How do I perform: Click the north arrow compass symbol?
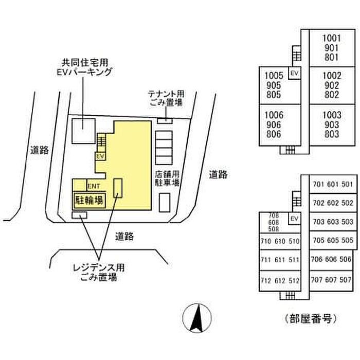tap(197, 318)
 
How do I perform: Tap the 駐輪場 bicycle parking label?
tap(89, 201)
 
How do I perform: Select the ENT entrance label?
tap(94, 186)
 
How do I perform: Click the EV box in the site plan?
tap(101, 156)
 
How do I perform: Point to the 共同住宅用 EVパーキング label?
tap(84, 67)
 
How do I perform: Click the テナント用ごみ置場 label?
tap(166, 98)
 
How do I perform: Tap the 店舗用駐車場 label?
tap(167, 178)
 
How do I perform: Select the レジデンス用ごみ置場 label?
tap(99, 273)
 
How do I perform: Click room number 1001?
tap(332, 38)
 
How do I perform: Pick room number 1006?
tap(274, 115)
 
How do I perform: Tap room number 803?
tap(332, 134)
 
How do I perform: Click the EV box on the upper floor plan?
tap(294, 73)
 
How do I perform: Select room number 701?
tap(318, 184)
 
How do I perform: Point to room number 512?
tap(294, 281)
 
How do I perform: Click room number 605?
tap(333, 240)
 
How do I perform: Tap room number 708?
tap(274, 215)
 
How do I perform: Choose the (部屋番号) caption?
tap(311, 318)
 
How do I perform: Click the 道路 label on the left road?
tap(40, 150)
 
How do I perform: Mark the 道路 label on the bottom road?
tap(124, 236)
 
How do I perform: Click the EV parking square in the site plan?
tap(83, 131)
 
